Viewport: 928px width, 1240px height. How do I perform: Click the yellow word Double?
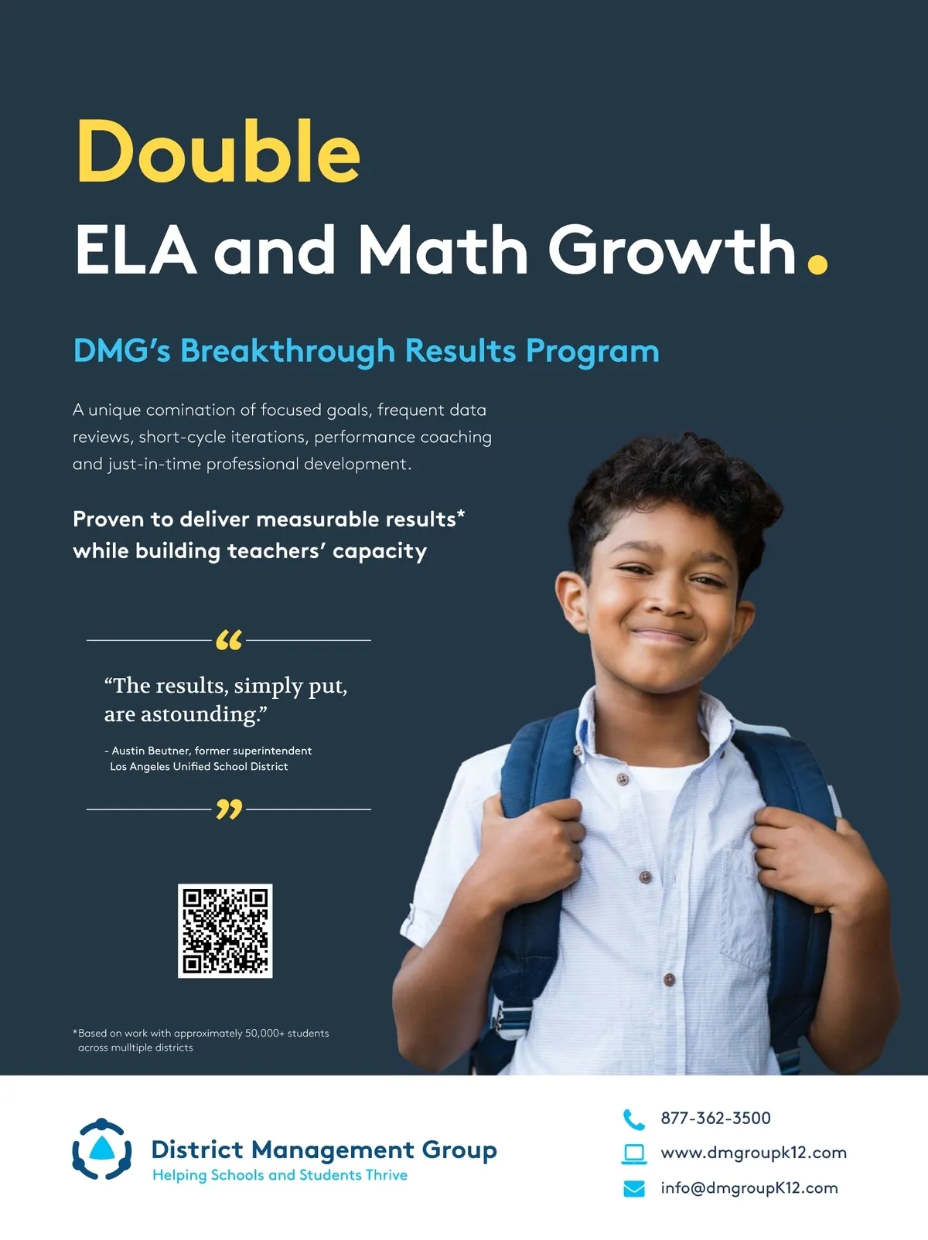[x=218, y=152]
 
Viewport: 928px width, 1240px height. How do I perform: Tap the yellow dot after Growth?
[x=817, y=264]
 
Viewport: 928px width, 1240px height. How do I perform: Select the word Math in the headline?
[x=442, y=250]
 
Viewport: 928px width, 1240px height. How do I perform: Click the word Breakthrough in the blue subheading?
[x=287, y=352]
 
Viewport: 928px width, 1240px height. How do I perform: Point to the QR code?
[x=225, y=931]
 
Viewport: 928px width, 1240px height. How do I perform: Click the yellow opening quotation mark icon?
[x=229, y=640]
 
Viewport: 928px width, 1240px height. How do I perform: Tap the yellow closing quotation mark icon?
[x=229, y=809]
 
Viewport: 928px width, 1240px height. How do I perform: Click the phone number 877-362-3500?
[x=715, y=1118]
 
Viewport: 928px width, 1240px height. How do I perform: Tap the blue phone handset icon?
[x=633, y=1119]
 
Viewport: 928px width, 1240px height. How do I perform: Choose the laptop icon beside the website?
[x=634, y=1153]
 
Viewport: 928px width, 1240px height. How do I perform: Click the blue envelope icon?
[x=634, y=1188]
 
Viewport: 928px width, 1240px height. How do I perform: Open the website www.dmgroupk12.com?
[x=753, y=1153]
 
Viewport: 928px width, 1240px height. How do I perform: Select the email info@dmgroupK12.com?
[x=749, y=1188]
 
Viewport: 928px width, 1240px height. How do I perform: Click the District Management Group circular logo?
[x=101, y=1150]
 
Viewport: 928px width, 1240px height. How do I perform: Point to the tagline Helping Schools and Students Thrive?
[x=279, y=1175]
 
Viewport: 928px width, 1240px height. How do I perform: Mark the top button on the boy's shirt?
[x=623, y=779]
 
